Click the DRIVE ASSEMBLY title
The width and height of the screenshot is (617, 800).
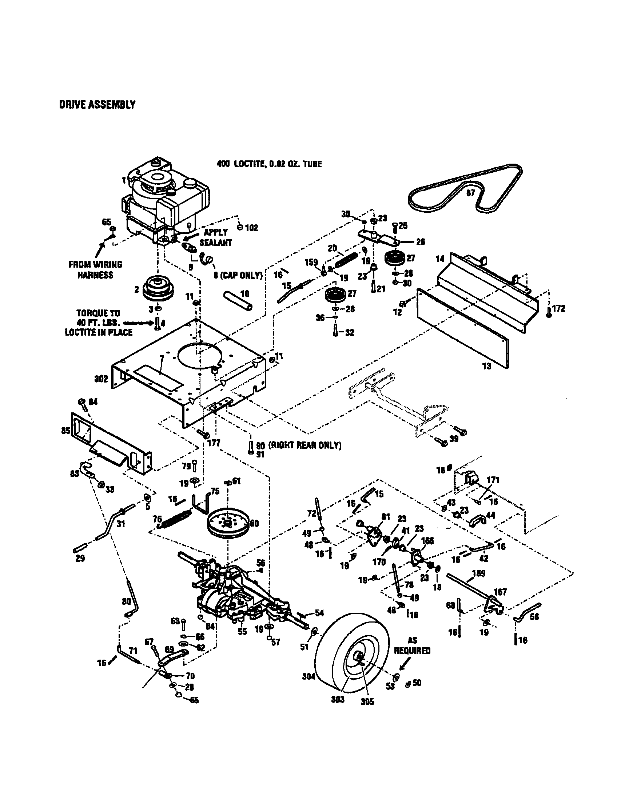[x=97, y=105]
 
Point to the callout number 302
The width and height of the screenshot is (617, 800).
[x=101, y=379]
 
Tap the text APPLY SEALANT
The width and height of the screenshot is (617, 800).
[x=216, y=237]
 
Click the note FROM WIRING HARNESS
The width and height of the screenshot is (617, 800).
[x=95, y=269]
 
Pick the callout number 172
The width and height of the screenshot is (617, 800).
[x=558, y=308]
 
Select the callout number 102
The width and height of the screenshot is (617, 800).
[x=252, y=228]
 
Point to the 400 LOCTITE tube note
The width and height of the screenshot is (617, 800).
[x=269, y=164]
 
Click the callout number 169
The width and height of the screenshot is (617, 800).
[x=479, y=573]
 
